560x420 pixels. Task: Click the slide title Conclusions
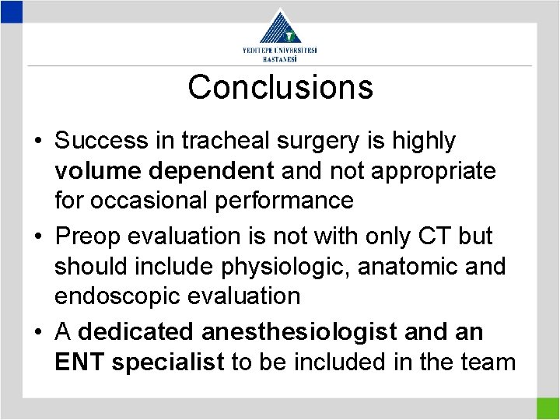click(280, 87)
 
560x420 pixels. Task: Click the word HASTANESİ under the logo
click(280, 59)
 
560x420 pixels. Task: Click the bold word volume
click(98, 170)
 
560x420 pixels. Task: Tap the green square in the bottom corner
click(548, 408)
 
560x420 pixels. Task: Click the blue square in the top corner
click(11, 10)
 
